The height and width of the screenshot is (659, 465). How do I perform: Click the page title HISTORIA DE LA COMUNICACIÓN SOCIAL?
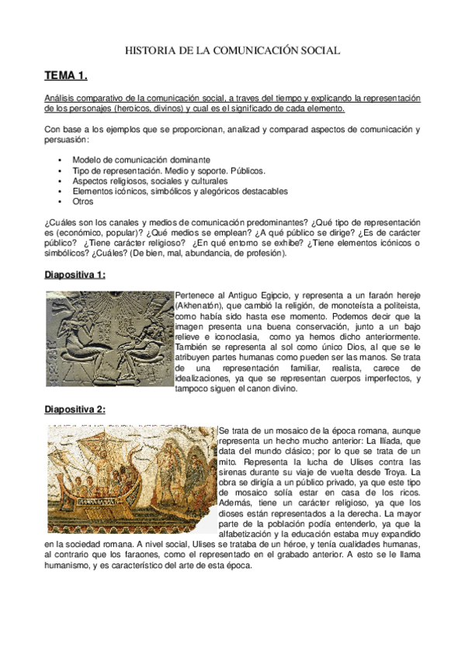click(233, 51)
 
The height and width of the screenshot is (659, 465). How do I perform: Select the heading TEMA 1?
click(66, 76)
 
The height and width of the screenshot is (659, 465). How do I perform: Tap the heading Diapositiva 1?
click(75, 275)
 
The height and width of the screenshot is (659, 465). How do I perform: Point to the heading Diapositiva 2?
click(75, 410)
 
